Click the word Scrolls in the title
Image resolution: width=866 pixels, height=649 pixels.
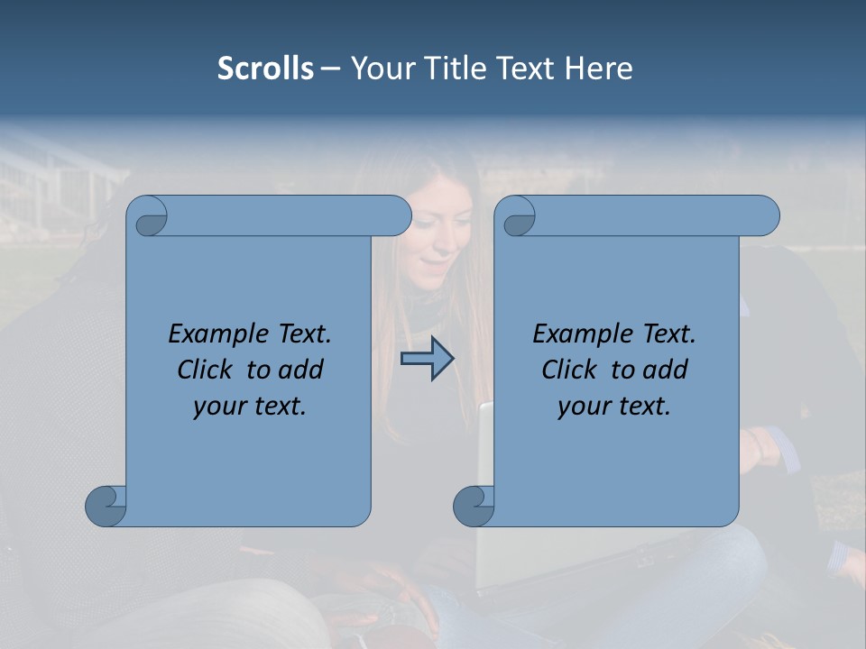click(x=265, y=69)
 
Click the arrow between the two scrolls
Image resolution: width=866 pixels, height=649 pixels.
click(x=427, y=359)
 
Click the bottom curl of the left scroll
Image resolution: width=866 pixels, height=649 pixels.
click(x=106, y=506)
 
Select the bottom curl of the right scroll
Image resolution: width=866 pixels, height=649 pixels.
click(x=474, y=506)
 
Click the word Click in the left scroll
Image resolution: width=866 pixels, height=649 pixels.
click(x=207, y=370)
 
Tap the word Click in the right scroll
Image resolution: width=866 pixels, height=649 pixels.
click(x=570, y=370)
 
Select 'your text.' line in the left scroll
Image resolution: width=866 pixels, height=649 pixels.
click(x=250, y=407)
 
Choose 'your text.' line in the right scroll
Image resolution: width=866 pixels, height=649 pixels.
click(x=614, y=407)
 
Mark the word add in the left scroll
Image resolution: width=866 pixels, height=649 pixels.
click(x=301, y=370)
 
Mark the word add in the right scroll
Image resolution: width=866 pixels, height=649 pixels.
click(x=666, y=370)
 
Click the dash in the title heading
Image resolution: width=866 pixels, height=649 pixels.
click(x=331, y=69)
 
